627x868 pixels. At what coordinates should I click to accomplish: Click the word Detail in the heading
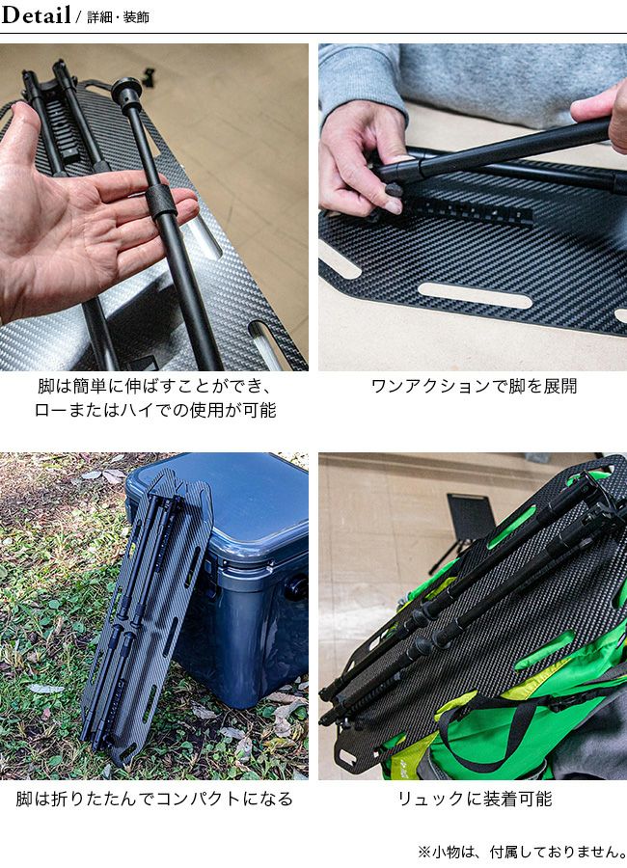tap(36, 14)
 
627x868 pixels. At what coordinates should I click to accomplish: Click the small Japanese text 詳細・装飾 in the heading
tap(118, 17)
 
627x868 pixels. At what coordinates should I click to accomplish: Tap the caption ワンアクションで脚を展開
tap(475, 386)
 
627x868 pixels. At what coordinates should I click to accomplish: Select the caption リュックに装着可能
tap(475, 799)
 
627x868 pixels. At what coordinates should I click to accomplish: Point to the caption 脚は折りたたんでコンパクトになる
tap(154, 799)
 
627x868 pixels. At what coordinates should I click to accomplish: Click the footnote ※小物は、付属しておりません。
tap(522, 851)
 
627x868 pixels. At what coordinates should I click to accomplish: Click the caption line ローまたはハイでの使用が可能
tap(155, 410)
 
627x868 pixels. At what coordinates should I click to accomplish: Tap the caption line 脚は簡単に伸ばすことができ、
tap(155, 386)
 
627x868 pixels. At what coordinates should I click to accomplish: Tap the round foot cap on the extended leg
tap(126, 90)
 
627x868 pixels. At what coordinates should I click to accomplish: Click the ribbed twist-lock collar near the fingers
tap(162, 201)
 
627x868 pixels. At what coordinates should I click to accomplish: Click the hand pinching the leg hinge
tap(363, 160)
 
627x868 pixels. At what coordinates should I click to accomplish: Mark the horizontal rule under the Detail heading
tap(313, 33)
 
